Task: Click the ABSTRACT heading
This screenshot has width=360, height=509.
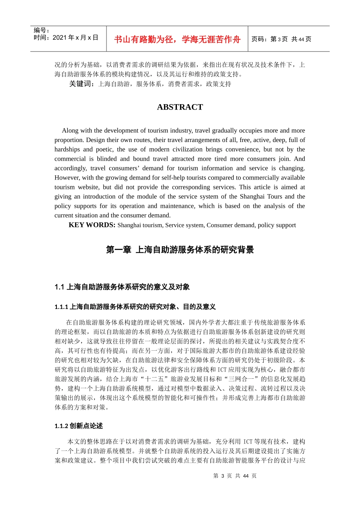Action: [x=180, y=107]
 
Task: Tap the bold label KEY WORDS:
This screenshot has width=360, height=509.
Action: [x=92, y=225]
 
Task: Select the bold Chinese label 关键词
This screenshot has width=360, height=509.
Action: [x=81, y=84]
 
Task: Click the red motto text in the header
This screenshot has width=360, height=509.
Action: [x=177, y=39]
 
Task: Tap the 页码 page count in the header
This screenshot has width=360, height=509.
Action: [x=281, y=39]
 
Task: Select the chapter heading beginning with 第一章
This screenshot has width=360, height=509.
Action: [x=180, y=250]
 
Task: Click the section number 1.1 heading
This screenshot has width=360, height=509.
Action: [x=122, y=287]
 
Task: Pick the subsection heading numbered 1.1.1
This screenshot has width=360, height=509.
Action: [x=135, y=307]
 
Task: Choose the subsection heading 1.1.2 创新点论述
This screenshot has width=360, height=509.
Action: [x=78, y=426]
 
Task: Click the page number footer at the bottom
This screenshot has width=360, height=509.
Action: [x=235, y=476]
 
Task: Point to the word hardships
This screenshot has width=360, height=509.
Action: [x=67, y=149]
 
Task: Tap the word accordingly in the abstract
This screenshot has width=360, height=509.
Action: [x=70, y=168]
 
